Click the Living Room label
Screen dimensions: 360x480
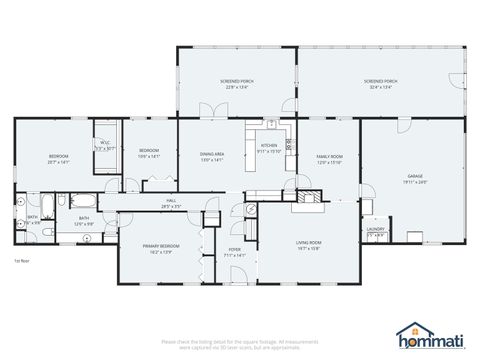coord(308,245)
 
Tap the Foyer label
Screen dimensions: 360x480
coord(234,252)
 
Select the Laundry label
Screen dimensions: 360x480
coord(376,231)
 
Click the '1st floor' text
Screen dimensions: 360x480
coord(21,261)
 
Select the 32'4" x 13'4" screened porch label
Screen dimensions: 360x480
coord(381,83)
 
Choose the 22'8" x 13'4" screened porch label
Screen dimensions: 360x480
coord(236,83)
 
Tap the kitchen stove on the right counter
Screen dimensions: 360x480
coord(289,144)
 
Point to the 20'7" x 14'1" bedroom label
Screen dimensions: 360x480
coord(58,158)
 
